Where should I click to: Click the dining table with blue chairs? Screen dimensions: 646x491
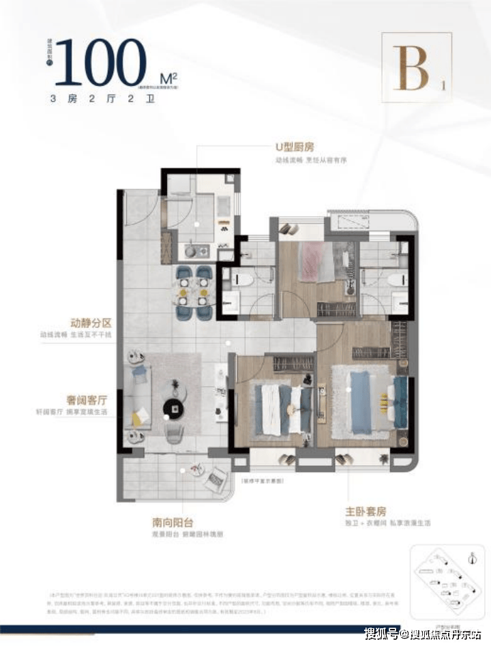click(x=193, y=291)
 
